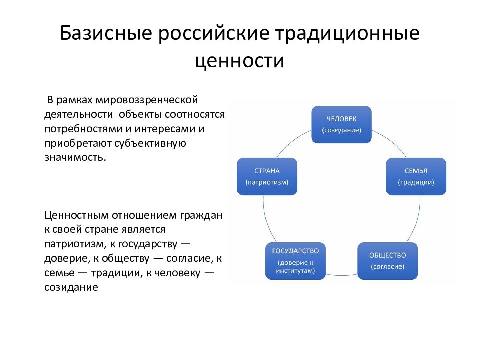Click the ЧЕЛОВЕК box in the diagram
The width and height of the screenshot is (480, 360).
(x=341, y=124)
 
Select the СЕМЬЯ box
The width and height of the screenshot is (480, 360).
(x=416, y=176)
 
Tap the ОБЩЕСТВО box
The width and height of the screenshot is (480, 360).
(x=387, y=260)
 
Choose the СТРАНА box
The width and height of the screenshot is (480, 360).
(x=266, y=176)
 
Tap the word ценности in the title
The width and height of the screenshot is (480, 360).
(x=239, y=61)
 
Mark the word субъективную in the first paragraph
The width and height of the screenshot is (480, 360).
(x=150, y=143)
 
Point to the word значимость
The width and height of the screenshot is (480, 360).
(x=75, y=157)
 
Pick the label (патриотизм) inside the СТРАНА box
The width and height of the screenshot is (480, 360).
(x=266, y=182)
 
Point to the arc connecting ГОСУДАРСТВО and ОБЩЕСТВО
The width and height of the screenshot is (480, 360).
(x=341, y=275)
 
